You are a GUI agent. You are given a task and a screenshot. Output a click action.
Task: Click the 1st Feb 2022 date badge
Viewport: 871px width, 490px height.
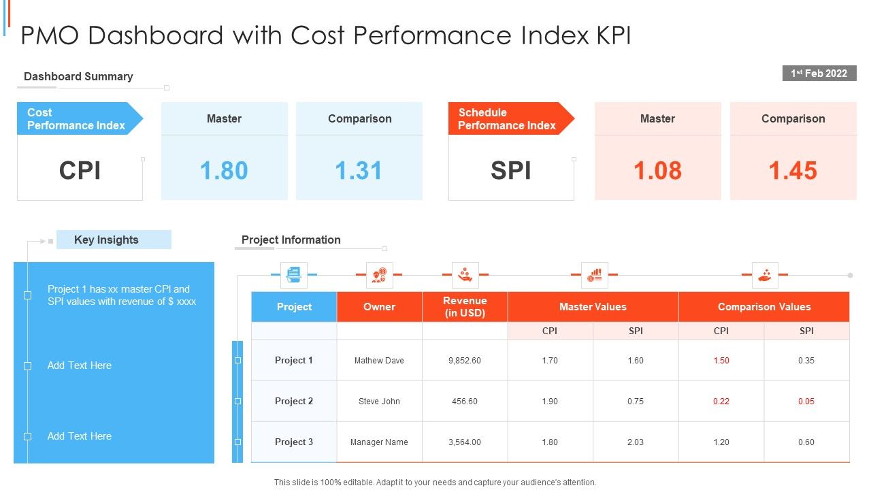point(819,73)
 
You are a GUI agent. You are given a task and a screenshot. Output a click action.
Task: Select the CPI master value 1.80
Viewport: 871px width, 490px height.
point(224,170)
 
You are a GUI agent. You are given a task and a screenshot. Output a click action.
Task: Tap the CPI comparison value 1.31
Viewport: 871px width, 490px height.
point(359,170)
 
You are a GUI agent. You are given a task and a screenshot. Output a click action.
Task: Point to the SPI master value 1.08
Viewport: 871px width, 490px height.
point(657,170)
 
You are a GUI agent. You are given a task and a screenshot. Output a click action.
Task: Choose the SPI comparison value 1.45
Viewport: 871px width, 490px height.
point(793,170)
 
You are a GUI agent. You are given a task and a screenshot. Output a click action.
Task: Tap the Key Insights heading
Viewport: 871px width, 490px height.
point(106,240)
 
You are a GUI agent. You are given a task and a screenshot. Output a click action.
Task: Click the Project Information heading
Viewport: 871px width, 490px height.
point(291,240)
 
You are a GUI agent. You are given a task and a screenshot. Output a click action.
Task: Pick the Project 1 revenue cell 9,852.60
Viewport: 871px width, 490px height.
point(465,360)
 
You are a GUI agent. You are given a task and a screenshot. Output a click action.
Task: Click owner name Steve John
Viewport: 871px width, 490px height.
point(379,401)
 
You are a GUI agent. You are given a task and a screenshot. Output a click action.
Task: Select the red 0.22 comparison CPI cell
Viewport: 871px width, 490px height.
point(721,401)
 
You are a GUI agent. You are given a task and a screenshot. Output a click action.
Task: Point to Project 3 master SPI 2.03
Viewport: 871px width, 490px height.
point(636,442)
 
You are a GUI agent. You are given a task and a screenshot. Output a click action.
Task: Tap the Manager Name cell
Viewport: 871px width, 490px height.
point(379,442)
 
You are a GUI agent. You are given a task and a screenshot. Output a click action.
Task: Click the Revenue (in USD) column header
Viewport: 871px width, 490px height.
point(465,306)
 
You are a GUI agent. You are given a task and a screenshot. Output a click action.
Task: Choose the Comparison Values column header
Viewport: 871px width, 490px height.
point(764,306)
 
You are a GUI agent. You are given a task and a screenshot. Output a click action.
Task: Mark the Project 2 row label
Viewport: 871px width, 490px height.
point(294,401)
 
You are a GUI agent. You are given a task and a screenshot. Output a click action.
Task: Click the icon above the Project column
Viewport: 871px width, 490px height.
point(294,275)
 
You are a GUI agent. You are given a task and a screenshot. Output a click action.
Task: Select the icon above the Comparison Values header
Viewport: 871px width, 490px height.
point(765,275)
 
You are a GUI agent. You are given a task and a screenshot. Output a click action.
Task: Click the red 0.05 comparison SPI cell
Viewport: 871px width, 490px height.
point(806,401)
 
